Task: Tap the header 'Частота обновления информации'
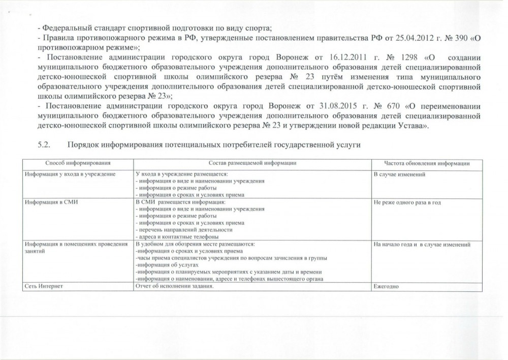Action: (x=426, y=163)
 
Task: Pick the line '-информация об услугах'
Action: (x=165, y=265)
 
